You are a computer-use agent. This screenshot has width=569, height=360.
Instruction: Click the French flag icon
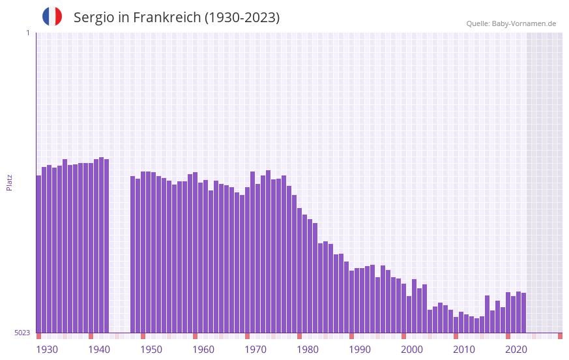[52, 16]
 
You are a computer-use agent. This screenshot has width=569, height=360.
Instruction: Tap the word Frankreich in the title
[167, 18]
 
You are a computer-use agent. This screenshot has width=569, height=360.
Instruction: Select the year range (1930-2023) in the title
[242, 18]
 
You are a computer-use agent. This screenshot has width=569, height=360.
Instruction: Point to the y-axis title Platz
[9, 182]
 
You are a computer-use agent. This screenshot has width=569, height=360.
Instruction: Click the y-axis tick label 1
[27, 33]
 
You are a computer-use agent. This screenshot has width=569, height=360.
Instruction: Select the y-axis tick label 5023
[22, 333]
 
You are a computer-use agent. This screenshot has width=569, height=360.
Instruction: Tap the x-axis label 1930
[47, 350]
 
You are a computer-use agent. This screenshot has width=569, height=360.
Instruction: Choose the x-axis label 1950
[151, 350]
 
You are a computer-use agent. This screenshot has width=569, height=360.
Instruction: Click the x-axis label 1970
[255, 350]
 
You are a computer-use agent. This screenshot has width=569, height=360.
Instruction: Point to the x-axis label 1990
[360, 350]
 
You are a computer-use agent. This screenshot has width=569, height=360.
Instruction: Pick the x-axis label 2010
[464, 350]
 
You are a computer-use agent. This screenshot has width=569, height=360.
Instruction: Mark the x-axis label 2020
[516, 350]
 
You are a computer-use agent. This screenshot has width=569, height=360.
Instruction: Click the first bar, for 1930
[39, 254]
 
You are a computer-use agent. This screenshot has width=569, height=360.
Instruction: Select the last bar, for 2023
[524, 313]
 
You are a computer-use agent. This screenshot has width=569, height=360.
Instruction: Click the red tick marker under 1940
[91, 336]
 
